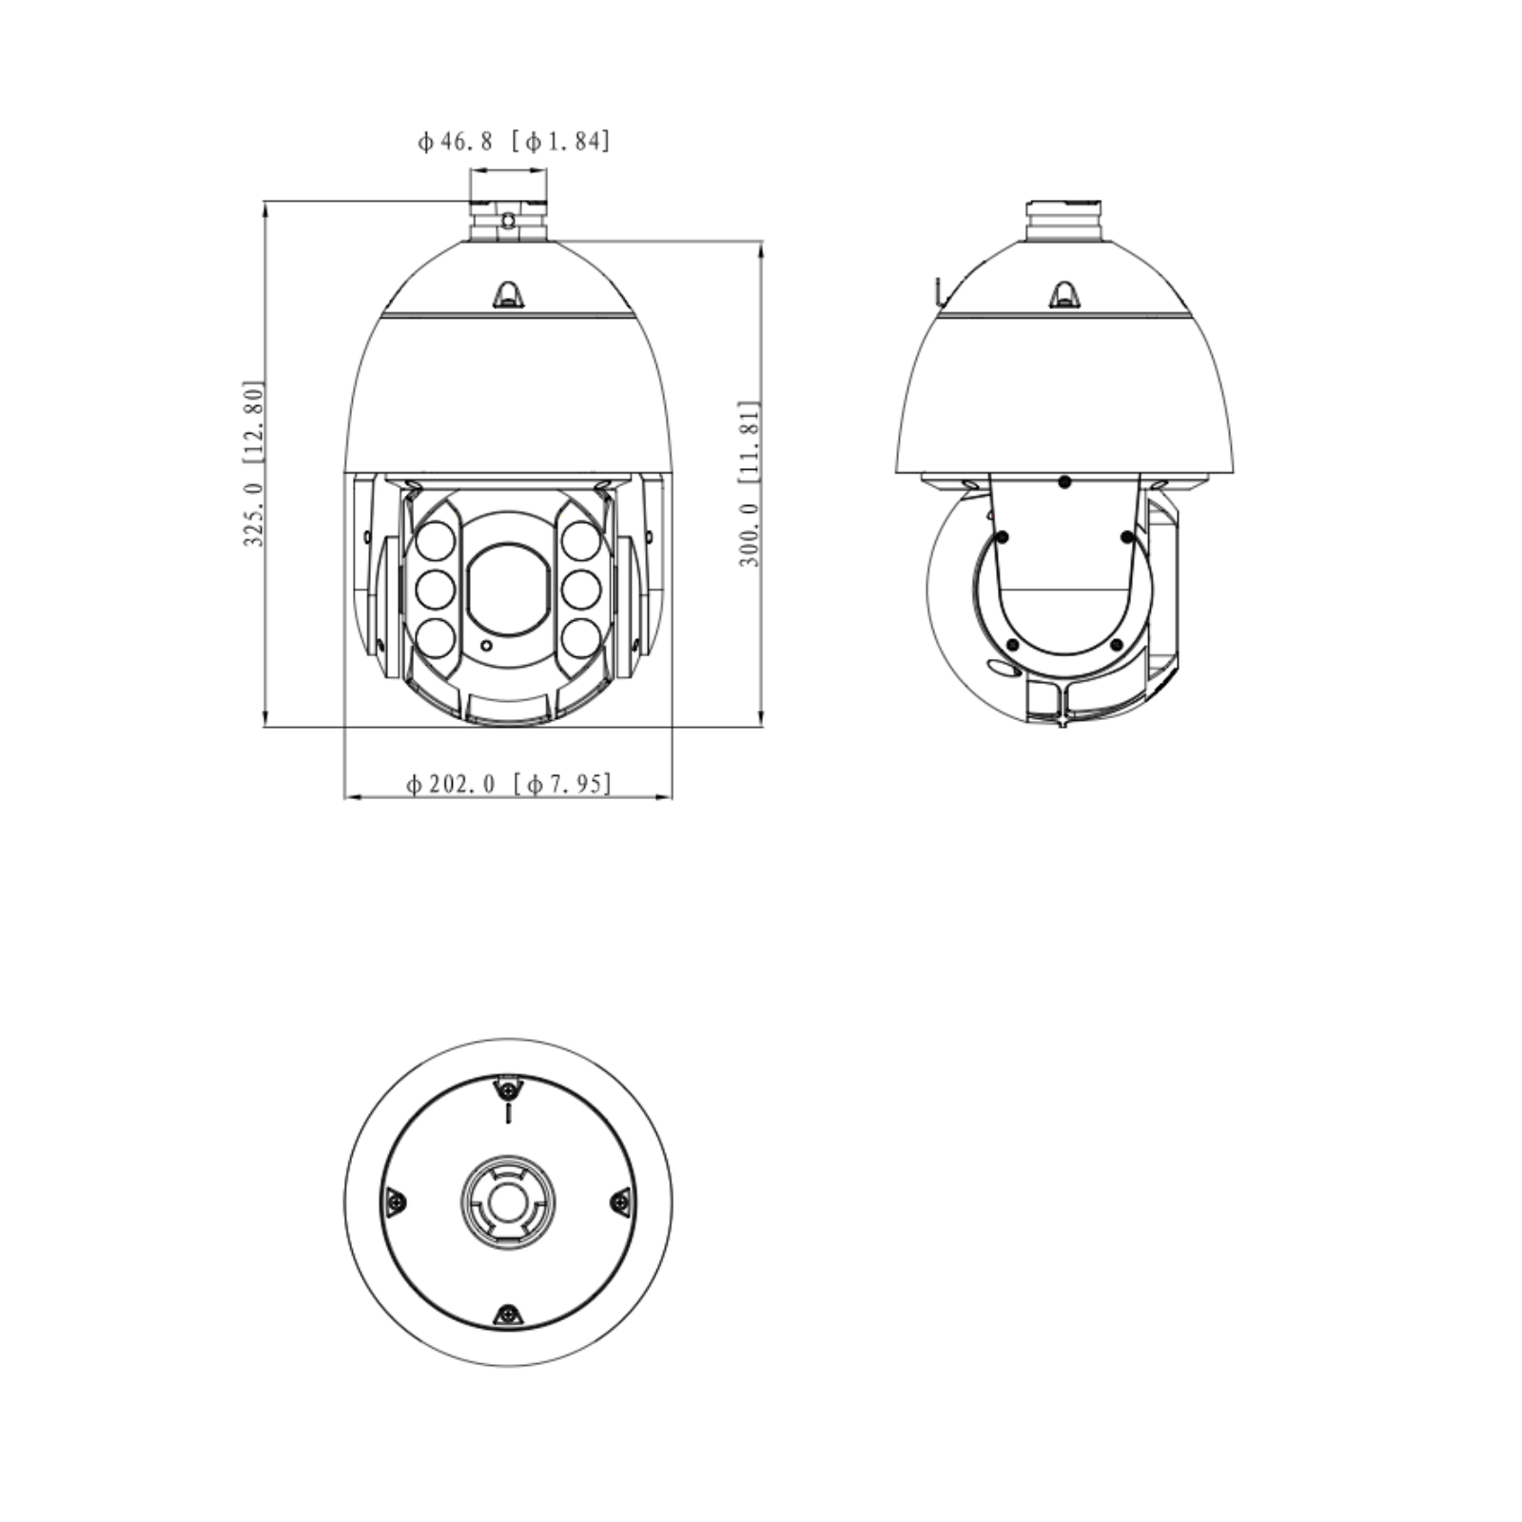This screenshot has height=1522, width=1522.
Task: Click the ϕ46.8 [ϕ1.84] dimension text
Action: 514,142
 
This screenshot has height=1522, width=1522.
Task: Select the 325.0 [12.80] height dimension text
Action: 253,463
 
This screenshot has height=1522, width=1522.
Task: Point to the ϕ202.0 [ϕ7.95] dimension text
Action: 509,784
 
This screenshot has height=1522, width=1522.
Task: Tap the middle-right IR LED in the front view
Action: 580,590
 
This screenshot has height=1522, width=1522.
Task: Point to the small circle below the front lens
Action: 487,646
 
